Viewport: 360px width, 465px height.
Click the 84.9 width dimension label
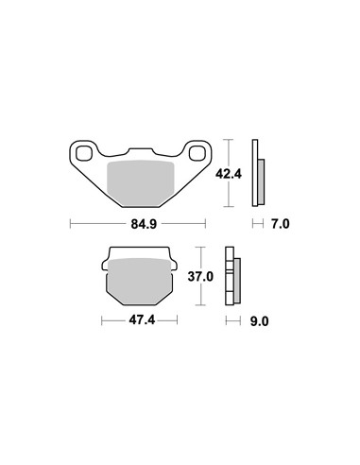pyautogui.click(x=144, y=224)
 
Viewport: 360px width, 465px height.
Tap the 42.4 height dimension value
pyautogui.click(x=229, y=174)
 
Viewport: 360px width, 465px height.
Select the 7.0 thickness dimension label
pyautogui.click(x=280, y=224)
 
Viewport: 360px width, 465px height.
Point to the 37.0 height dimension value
pyautogui.click(x=200, y=277)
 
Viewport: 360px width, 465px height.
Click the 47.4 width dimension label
pyautogui.click(x=142, y=320)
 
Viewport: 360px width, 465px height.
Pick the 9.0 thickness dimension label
pyautogui.click(x=259, y=321)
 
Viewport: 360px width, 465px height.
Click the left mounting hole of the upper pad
pyautogui.click(x=83, y=154)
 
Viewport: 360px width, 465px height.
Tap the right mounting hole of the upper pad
pyautogui.click(x=197, y=154)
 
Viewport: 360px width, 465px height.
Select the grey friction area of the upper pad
pyautogui.click(x=141, y=182)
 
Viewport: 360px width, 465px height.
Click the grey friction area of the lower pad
pyautogui.click(x=140, y=282)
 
